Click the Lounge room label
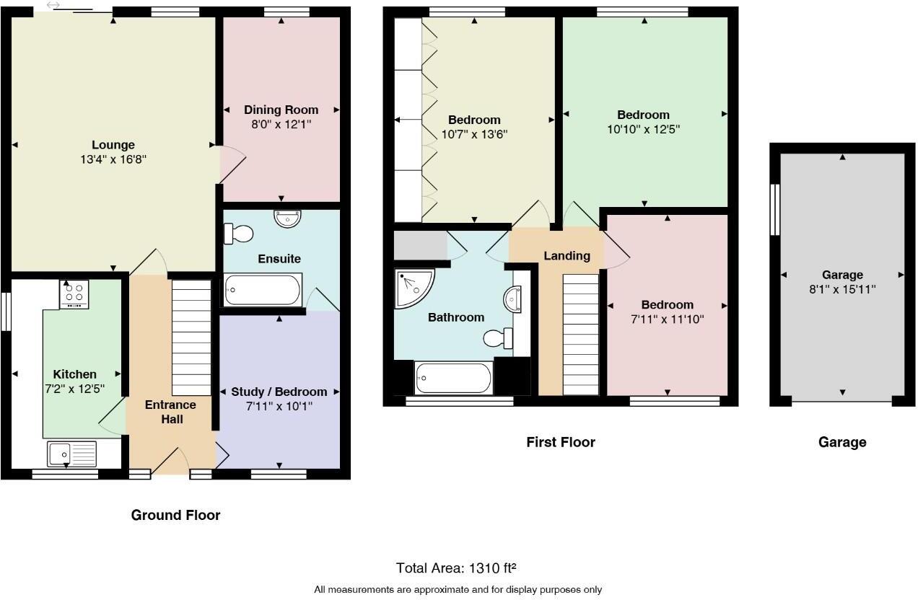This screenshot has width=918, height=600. coord(113,145)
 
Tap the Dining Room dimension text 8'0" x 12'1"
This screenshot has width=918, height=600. coord(281,124)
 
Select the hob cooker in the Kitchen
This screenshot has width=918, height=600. coord(74,294)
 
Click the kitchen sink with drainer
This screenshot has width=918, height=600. coord(71,454)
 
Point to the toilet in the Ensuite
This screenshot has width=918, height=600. coord(239,234)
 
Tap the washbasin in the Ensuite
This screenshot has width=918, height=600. coord(288,218)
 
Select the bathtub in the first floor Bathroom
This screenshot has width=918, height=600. coord(454,378)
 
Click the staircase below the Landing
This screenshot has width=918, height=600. coord(580,334)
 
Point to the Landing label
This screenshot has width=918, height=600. coord(567,256)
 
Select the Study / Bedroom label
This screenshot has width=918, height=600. coord(279,392)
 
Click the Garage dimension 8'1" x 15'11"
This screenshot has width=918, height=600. coord(842,288)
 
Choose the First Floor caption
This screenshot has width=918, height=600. coord(561,442)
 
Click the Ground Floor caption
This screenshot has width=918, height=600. coord(175,515)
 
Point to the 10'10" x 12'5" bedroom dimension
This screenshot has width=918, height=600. coord(643,129)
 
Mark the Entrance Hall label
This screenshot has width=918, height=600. coord(170,412)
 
